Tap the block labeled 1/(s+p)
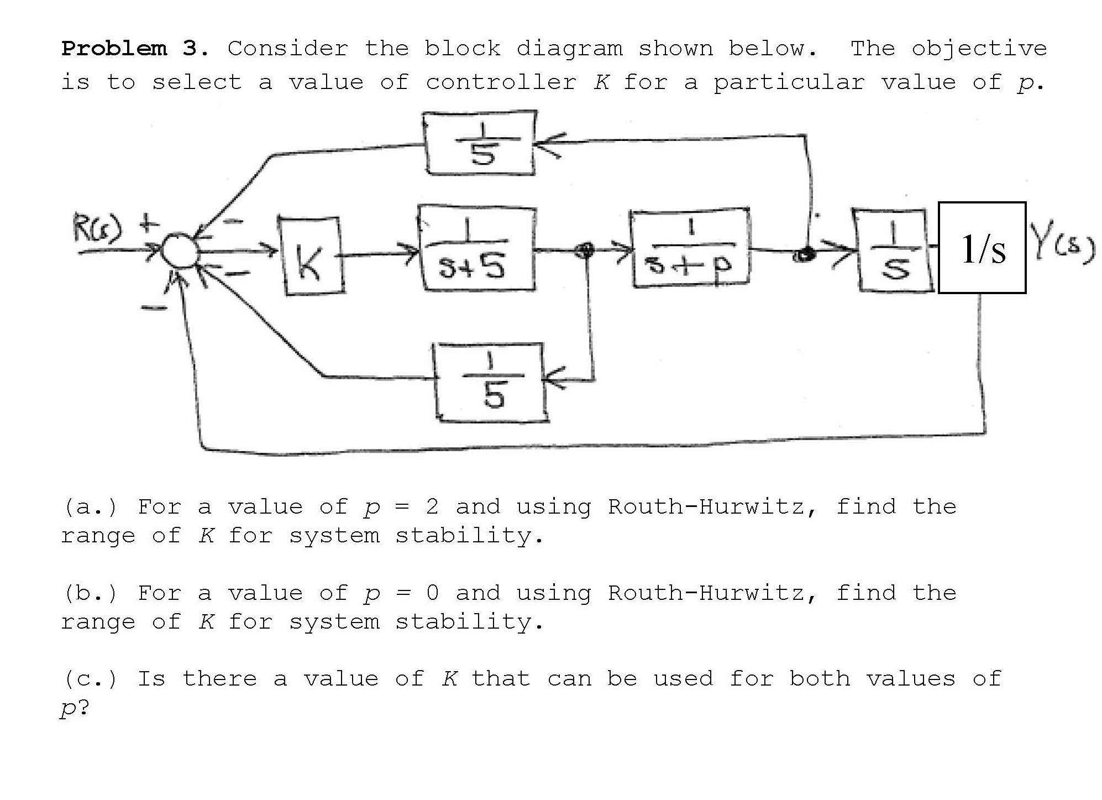point(690,248)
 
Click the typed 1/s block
point(982,248)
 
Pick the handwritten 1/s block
point(894,250)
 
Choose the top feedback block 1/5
point(480,143)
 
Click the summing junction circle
point(179,252)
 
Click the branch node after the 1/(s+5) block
point(585,250)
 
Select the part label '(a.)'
point(91,507)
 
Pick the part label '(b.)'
point(91,593)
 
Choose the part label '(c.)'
point(91,679)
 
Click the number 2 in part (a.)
point(432,506)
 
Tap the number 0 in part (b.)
point(432,593)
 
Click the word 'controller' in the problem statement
point(501,82)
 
